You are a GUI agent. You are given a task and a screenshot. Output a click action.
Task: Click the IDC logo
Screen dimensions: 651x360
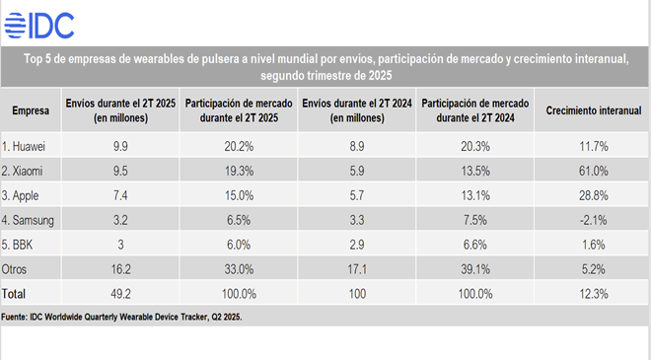[x=39, y=26]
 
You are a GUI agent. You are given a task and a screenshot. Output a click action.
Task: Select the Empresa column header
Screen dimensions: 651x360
[x=31, y=110]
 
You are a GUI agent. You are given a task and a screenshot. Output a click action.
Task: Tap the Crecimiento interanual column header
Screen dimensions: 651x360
[x=593, y=110]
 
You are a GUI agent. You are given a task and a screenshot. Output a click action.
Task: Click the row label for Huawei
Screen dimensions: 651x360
[x=24, y=146]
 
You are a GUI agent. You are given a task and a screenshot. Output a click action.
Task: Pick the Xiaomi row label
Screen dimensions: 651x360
[x=22, y=171]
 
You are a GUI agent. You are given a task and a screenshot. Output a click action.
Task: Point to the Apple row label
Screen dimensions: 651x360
[x=20, y=195]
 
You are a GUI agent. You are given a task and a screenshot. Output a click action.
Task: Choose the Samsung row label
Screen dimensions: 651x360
[x=28, y=220]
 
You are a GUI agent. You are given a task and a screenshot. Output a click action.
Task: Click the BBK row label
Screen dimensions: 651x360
[x=17, y=245]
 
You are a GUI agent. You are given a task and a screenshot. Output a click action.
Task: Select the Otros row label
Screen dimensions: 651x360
[x=14, y=269]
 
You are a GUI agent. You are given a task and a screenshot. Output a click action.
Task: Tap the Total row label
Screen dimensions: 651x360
[x=13, y=294]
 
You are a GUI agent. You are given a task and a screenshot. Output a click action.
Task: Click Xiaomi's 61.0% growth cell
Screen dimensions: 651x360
[x=593, y=171]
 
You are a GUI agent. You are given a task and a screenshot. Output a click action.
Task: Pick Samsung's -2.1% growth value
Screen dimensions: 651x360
[x=593, y=220]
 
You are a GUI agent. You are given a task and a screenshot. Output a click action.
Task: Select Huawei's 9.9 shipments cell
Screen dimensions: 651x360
[x=120, y=146]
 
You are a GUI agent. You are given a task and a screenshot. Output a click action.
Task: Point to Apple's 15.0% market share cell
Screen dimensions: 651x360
[x=239, y=195]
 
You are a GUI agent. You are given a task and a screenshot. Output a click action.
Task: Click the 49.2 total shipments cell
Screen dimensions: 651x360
[x=120, y=294]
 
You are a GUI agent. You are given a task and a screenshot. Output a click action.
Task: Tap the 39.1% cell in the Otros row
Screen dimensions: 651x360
[x=475, y=269]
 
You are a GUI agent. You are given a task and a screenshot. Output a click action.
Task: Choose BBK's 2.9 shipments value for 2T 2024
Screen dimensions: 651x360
[x=357, y=245]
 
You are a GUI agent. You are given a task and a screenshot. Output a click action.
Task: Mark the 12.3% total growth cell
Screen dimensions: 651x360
[x=593, y=294]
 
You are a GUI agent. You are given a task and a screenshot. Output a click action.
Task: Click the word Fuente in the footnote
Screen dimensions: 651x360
[x=14, y=317]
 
